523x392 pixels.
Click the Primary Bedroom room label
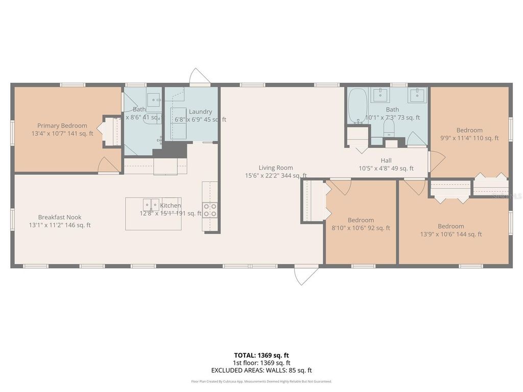[x=62, y=126]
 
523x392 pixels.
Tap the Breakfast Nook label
[x=59, y=217]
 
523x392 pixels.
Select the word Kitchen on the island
[x=171, y=205]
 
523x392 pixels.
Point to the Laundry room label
[x=200, y=112]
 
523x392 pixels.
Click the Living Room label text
[x=275, y=167]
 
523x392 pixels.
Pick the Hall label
[x=386, y=160]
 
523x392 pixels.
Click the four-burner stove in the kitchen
[x=210, y=210]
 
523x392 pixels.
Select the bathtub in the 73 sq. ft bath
[x=358, y=106]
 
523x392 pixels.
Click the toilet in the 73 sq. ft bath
[x=389, y=128]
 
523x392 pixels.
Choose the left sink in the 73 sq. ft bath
[x=380, y=94]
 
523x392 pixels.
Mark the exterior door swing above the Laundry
[x=199, y=77]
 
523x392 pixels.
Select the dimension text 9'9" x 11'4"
[x=469, y=138]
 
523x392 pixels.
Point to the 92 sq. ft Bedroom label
[x=361, y=220]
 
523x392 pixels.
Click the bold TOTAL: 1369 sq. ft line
[x=261, y=355]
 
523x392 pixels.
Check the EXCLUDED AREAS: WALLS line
[x=261, y=370]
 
